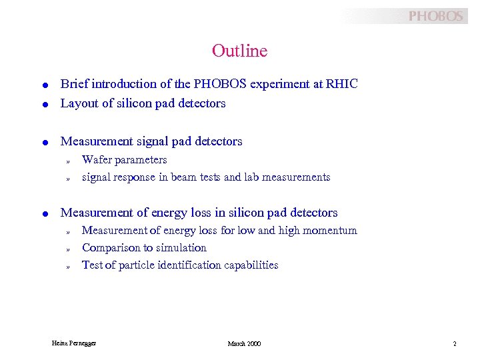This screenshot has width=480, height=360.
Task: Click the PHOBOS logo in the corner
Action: [x=435, y=16]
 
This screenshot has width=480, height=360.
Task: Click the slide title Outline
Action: [x=239, y=51]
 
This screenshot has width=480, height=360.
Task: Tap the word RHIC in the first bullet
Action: [x=343, y=84]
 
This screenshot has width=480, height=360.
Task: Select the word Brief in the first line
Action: [x=74, y=84]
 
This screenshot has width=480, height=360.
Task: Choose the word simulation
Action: [x=181, y=248]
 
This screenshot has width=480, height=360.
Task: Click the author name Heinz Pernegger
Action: [x=74, y=343]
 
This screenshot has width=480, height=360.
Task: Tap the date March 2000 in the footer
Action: [x=244, y=343]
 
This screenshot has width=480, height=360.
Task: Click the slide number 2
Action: [x=454, y=343]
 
